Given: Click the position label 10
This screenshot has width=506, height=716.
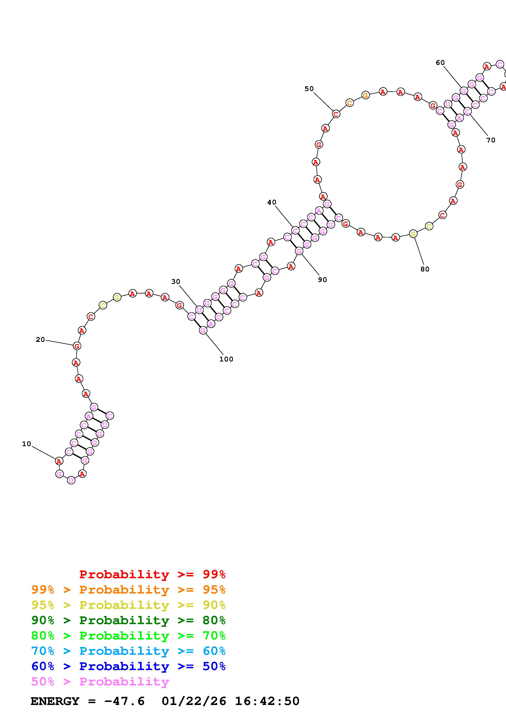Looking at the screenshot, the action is pyautogui.click(x=27, y=444).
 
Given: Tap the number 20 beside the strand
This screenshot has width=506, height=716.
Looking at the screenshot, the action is pyautogui.click(x=40, y=340).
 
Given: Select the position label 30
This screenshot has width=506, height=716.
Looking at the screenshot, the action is pyautogui.click(x=176, y=282).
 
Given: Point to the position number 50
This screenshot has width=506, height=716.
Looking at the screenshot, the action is pyautogui.click(x=309, y=89).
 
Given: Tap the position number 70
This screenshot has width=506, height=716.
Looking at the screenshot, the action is pyautogui.click(x=491, y=140).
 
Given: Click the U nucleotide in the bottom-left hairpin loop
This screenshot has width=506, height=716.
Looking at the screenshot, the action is pyautogui.click(x=71, y=480).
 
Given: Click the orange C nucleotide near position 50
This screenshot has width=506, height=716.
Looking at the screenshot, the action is pyautogui.click(x=350, y=103).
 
